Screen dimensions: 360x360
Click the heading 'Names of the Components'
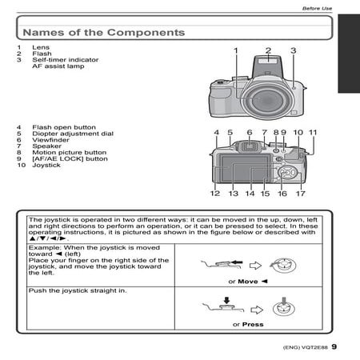(104, 33)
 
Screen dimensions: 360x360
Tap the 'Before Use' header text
(317, 9)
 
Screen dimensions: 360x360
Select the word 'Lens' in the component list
(41, 47)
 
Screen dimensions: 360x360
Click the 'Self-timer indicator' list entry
(66, 60)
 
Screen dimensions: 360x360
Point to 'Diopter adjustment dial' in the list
(73, 134)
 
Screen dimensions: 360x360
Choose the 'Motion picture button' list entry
(70, 153)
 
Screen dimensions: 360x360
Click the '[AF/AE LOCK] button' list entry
(70, 159)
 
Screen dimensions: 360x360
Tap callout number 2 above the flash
(268, 50)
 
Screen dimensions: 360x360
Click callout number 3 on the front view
(294, 50)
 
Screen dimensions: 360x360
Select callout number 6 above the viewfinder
(250, 132)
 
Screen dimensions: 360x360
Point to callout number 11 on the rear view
(313, 132)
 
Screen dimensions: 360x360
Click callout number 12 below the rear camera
(215, 194)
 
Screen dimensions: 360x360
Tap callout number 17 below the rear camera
(301, 194)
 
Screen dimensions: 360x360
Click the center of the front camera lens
(267, 100)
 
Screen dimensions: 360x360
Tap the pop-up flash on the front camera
(267, 66)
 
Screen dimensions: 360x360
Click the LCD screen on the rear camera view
(245, 169)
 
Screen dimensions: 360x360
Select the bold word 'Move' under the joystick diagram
(248, 282)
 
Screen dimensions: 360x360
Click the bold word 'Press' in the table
(253, 325)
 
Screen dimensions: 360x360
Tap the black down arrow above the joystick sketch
(226, 300)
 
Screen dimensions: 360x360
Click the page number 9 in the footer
(334, 346)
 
